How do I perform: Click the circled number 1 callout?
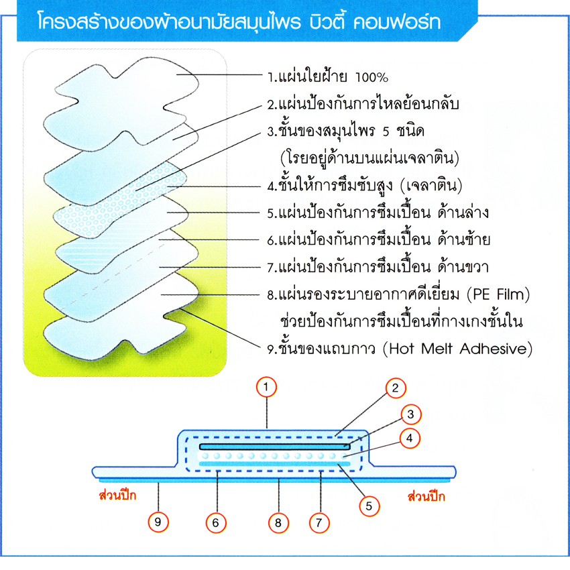(266, 387)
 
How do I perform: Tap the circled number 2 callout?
(395, 388)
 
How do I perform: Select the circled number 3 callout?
(411, 414)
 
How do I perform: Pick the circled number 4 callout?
(410, 439)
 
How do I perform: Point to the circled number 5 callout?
(369, 506)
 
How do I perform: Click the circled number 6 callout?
(216, 523)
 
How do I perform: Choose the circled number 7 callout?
(319, 523)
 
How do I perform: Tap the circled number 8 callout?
(278, 523)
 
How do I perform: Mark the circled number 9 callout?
(158, 522)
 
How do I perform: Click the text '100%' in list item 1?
(372, 77)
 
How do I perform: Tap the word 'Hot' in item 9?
(402, 349)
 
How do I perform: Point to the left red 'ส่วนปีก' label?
(117, 495)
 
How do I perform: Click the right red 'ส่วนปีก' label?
(426, 496)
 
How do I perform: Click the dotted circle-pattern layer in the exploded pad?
(120, 200)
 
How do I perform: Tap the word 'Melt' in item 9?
(437, 349)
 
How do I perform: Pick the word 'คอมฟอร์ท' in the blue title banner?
(398, 22)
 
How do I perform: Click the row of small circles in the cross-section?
(274, 456)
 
